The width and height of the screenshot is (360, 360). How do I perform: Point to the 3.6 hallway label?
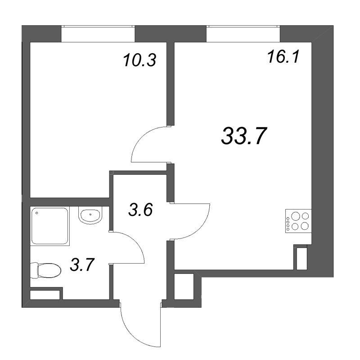[x=141, y=210]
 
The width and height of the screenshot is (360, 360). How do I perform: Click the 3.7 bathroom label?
[x=82, y=265]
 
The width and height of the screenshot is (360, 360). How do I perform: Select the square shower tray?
[x=50, y=226]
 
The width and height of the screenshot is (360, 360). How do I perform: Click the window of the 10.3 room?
[x=98, y=34]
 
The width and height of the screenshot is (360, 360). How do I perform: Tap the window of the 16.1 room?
[x=243, y=34]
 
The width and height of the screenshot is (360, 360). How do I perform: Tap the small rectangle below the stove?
[x=301, y=257]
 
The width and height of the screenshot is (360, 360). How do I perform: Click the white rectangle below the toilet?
[x=45, y=295]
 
